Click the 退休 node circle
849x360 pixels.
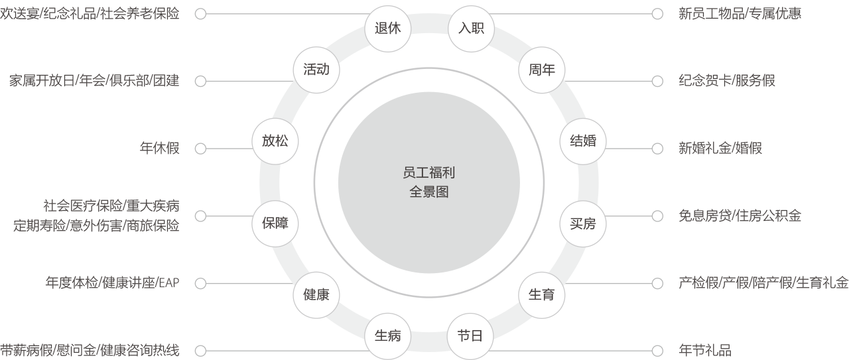(x=388, y=28)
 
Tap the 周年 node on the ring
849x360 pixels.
(x=541, y=70)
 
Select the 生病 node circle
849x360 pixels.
(x=388, y=335)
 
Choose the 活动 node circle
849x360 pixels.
(x=316, y=70)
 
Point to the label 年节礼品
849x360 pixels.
(x=705, y=351)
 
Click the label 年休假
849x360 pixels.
(x=159, y=148)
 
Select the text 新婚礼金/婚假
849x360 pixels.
(x=720, y=148)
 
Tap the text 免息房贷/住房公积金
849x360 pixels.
(x=740, y=216)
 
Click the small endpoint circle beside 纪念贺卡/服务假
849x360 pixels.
(x=657, y=81)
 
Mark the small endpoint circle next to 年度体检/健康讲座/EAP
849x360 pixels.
(x=200, y=284)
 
